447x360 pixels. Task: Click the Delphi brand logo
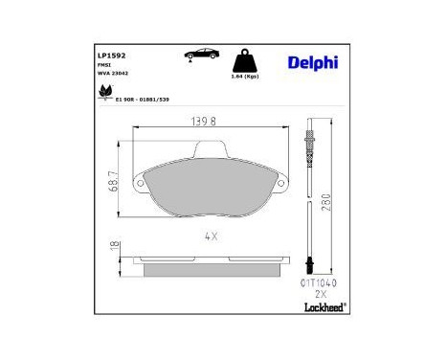(311, 63)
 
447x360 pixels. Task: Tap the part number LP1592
(113, 56)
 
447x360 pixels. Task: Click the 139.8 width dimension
(207, 123)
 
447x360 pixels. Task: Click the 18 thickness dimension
(113, 247)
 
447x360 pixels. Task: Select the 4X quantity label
(208, 235)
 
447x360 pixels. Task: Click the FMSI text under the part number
(105, 66)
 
